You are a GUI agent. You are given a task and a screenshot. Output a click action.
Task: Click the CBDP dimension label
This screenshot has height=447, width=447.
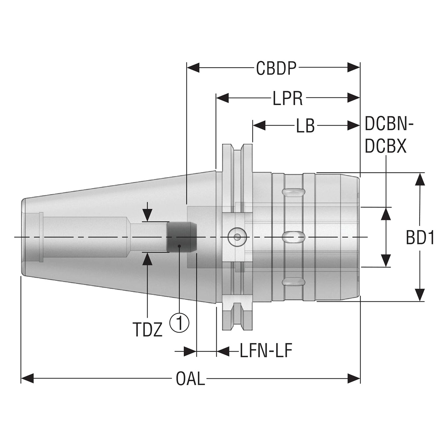[x=276, y=68]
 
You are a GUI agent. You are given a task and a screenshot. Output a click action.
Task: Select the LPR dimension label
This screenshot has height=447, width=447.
[x=288, y=98]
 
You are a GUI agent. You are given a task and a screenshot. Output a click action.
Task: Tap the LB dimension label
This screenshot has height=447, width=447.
[x=306, y=126]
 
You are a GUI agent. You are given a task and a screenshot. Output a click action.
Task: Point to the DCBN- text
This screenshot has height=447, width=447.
[x=389, y=124]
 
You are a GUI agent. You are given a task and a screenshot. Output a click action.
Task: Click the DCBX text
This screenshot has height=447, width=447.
[x=386, y=146]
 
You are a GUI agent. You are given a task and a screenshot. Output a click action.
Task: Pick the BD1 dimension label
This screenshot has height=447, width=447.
[x=420, y=238]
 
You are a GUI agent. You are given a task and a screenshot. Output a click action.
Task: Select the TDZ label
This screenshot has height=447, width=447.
[x=148, y=330]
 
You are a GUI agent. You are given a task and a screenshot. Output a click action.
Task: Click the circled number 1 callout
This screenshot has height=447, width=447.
[x=179, y=323]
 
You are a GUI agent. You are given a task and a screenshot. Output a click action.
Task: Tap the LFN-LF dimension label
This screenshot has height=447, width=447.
[x=266, y=351]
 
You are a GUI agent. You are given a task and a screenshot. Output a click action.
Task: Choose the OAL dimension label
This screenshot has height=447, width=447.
[x=190, y=378]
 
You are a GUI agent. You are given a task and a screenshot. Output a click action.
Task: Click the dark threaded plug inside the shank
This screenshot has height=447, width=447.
[x=182, y=237]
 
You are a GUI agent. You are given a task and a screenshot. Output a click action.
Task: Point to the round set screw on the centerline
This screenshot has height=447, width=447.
[x=237, y=237]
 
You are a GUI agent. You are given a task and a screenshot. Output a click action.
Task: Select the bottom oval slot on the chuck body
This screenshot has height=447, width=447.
[x=293, y=281]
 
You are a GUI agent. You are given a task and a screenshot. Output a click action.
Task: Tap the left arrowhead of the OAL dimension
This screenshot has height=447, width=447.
[x=27, y=378]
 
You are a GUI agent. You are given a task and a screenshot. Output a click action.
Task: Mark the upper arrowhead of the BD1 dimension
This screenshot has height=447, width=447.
[x=419, y=179]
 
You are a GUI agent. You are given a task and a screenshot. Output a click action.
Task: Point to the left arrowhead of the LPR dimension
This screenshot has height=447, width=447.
[x=222, y=98]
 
